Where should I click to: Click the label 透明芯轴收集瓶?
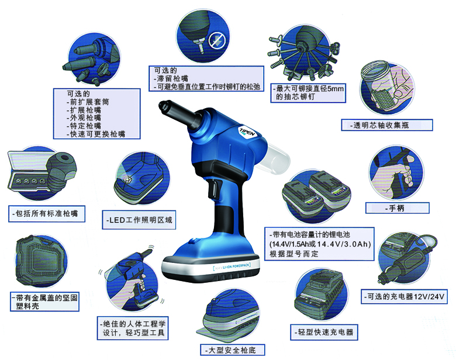386,126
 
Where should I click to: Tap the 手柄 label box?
397,207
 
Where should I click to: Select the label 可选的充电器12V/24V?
403,297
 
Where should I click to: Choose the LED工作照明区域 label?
139,220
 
